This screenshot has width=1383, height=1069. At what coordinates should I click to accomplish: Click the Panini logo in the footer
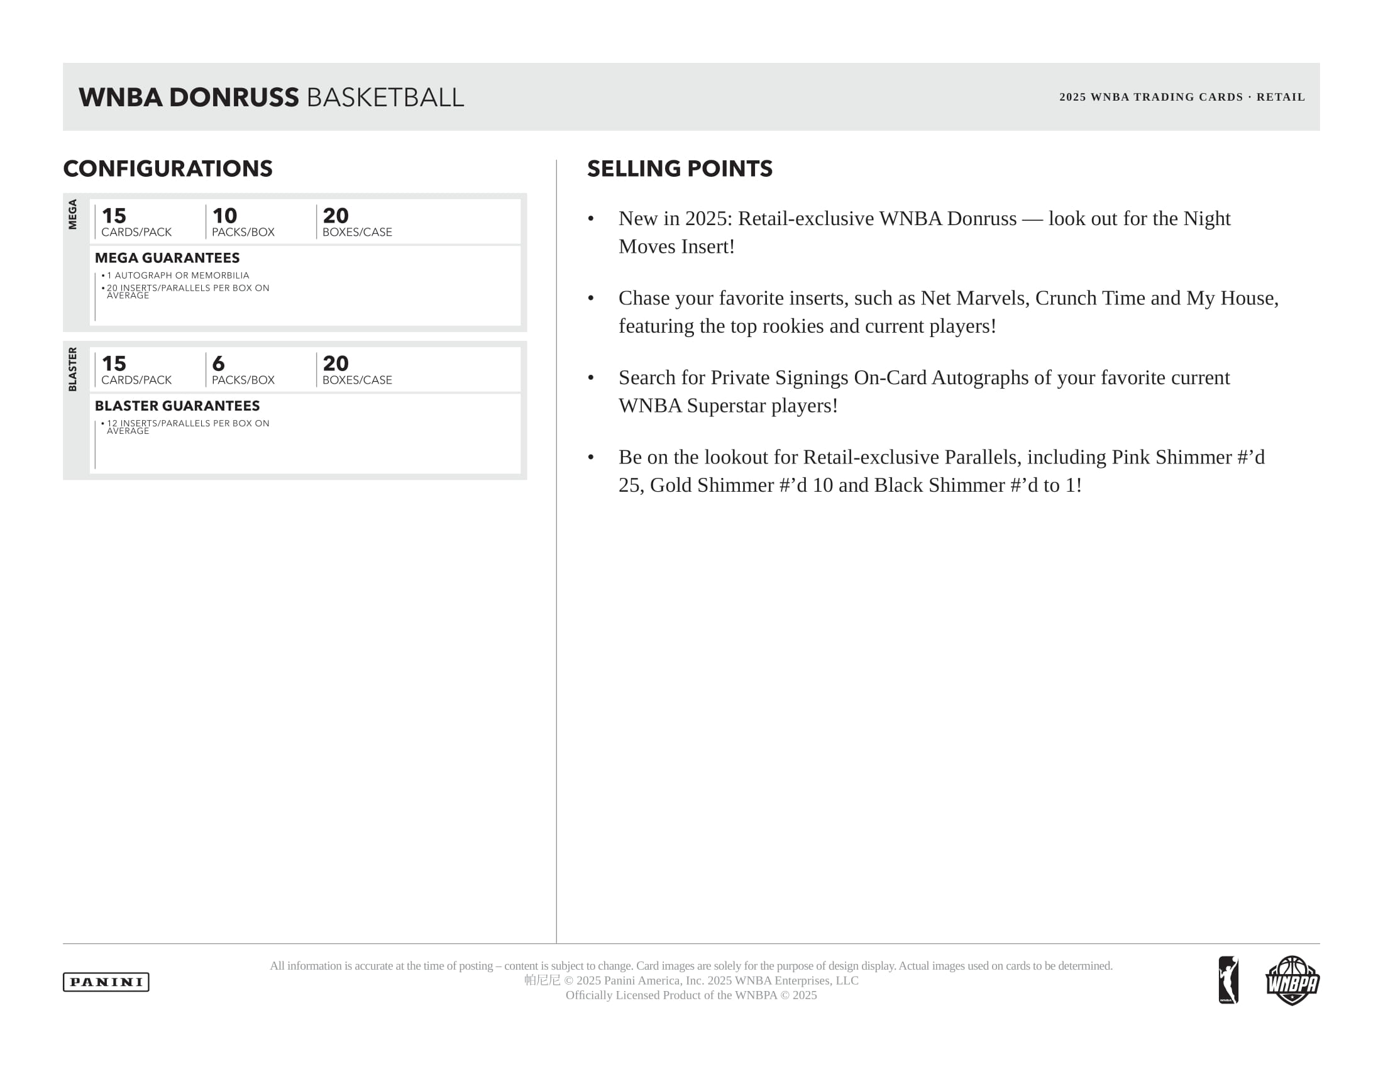click(x=106, y=982)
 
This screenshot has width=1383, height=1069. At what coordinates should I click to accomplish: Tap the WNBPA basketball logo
click(x=1292, y=980)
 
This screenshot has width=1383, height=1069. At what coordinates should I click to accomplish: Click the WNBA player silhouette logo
click(x=1228, y=980)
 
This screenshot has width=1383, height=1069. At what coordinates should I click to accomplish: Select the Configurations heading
click(x=168, y=169)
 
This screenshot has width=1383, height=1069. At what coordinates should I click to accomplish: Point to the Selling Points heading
click(x=680, y=169)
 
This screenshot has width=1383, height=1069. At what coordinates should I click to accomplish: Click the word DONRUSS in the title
click(x=234, y=97)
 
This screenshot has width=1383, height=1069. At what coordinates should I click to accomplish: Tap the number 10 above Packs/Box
click(x=225, y=215)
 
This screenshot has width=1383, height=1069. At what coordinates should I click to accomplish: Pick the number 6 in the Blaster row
click(x=219, y=363)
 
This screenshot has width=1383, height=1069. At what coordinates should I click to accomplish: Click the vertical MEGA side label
click(x=73, y=214)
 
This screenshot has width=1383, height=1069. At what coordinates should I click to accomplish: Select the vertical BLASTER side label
click(x=73, y=369)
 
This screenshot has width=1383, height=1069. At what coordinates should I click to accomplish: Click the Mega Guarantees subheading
click(x=167, y=258)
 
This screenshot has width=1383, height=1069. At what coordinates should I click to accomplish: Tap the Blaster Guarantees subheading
click(x=177, y=406)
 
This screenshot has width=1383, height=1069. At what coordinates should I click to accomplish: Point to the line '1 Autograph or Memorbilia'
click(x=177, y=275)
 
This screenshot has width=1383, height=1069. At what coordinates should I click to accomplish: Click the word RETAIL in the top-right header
click(x=1281, y=97)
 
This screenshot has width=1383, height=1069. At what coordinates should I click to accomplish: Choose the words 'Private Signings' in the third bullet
click(x=780, y=377)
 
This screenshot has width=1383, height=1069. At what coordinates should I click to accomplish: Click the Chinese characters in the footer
click(x=542, y=980)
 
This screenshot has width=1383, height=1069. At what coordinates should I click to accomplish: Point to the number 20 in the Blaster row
click(x=336, y=363)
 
